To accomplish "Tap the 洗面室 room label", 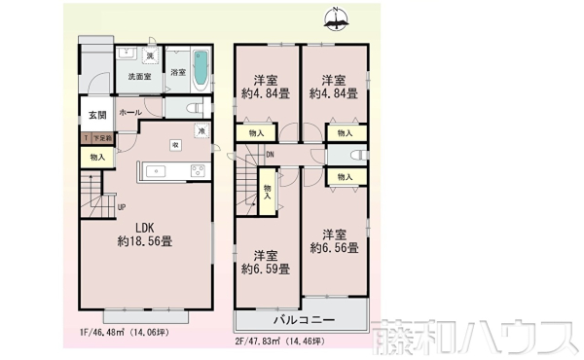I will click(x=138, y=77).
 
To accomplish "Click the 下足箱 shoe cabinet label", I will click(x=101, y=138).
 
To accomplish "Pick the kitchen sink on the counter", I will click(x=158, y=172).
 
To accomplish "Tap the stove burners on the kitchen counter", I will click(x=198, y=172).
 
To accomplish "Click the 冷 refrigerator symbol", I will click(x=201, y=130).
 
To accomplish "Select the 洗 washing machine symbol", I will click(x=136, y=54).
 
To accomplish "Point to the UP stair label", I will click(x=121, y=207).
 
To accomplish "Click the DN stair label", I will click(x=270, y=156).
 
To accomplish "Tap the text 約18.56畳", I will click(x=145, y=240).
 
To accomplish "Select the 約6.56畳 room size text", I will click(x=334, y=249).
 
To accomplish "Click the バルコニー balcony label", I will click(x=301, y=320).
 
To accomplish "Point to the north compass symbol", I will click(x=336, y=17).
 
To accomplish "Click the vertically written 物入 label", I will click(x=268, y=191).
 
